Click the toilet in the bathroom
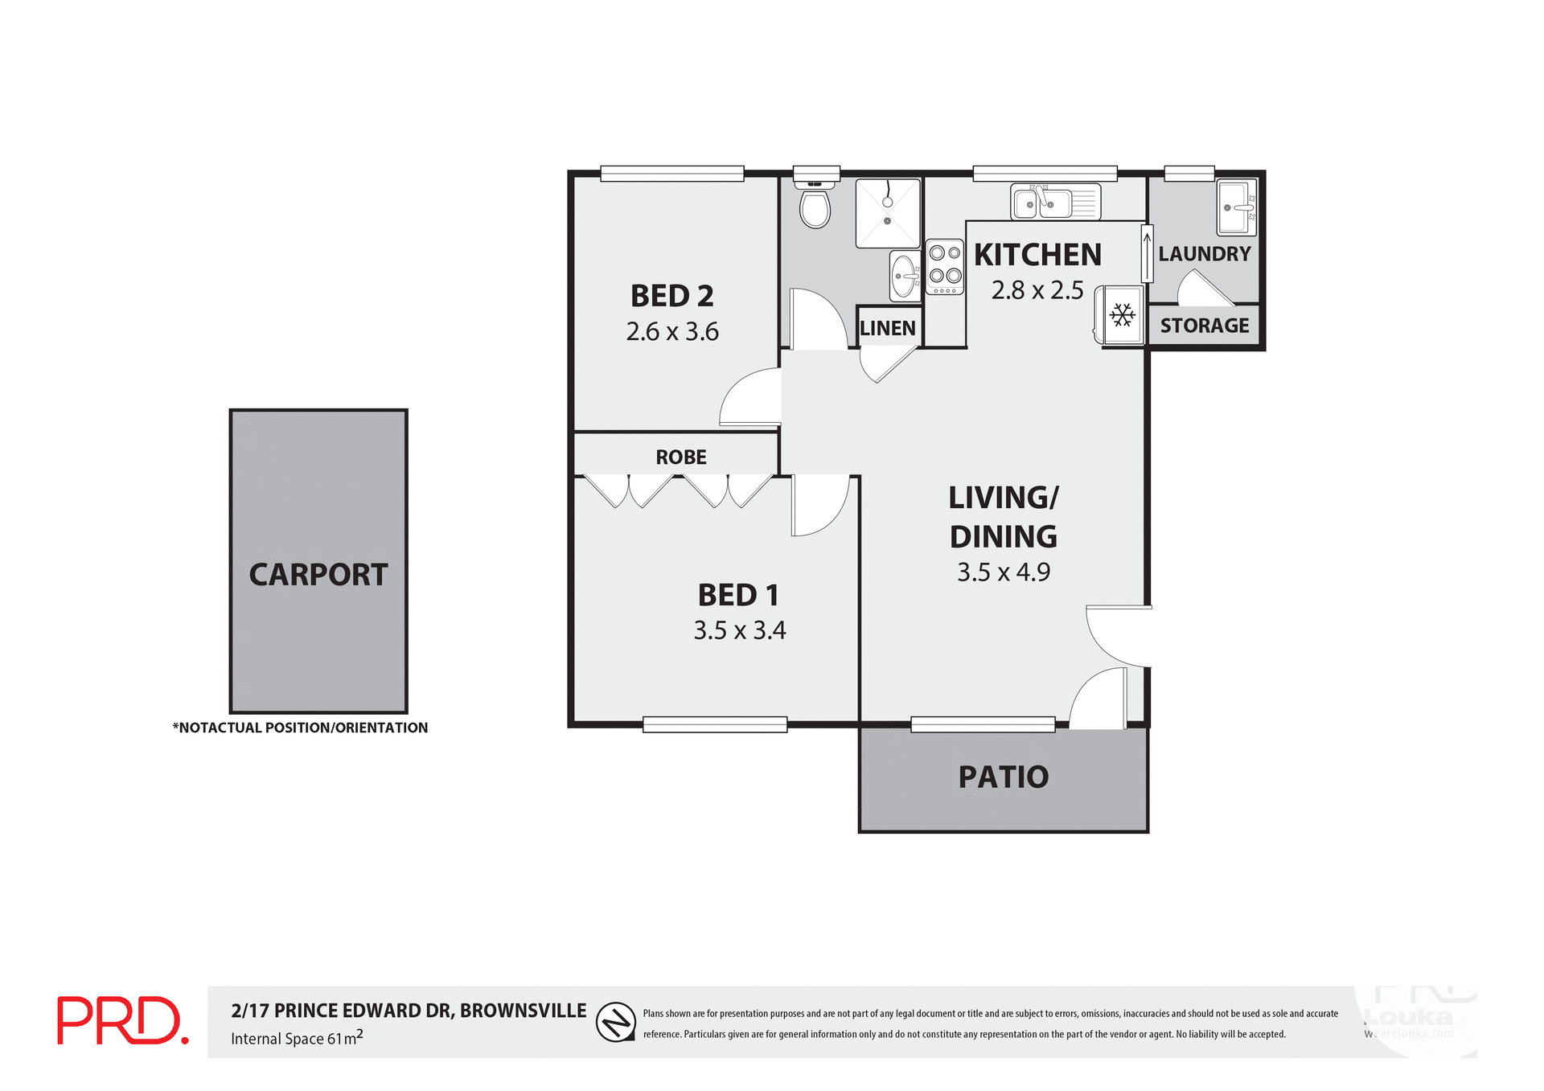pos(815,207)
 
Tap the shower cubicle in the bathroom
pos(887,214)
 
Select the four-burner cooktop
pos(945,266)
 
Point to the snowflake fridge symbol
pos(1122,314)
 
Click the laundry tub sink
pos(1236,207)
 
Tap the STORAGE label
pos(1204,326)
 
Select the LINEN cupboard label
pos(888,328)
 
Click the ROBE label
pos(680,457)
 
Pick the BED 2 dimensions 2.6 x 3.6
pos(672,331)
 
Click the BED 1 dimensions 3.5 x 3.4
pos(739,630)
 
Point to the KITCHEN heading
pos(1037,255)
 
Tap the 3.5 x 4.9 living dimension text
pos(1003,572)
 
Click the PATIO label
pos(1003,777)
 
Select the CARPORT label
pos(318,575)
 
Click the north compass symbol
pos(616,1022)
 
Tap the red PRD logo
pos(122,1021)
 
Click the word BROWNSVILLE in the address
pos(523,1011)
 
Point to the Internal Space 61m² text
pos(297,1038)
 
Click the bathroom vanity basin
pos(905,276)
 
